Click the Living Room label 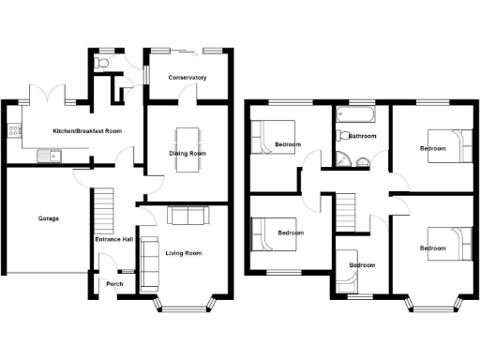(184, 253)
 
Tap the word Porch (114, 284)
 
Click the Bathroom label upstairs (363, 137)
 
